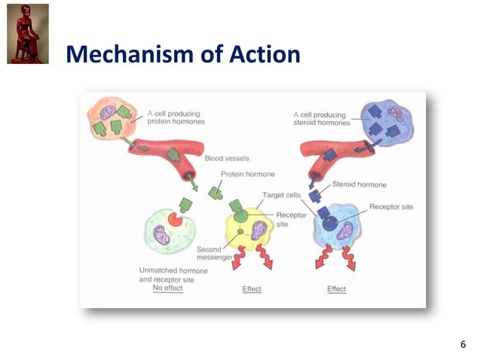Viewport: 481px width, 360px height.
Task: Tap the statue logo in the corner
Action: [28, 34]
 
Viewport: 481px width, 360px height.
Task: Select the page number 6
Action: [463, 344]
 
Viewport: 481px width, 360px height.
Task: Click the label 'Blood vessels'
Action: [228, 159]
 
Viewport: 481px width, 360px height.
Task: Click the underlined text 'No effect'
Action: [167, 288]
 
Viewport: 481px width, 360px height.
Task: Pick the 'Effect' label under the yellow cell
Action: [251, 289]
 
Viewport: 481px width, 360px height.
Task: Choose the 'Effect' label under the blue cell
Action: [336, 289]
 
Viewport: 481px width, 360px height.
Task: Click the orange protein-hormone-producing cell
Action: [114, 121]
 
